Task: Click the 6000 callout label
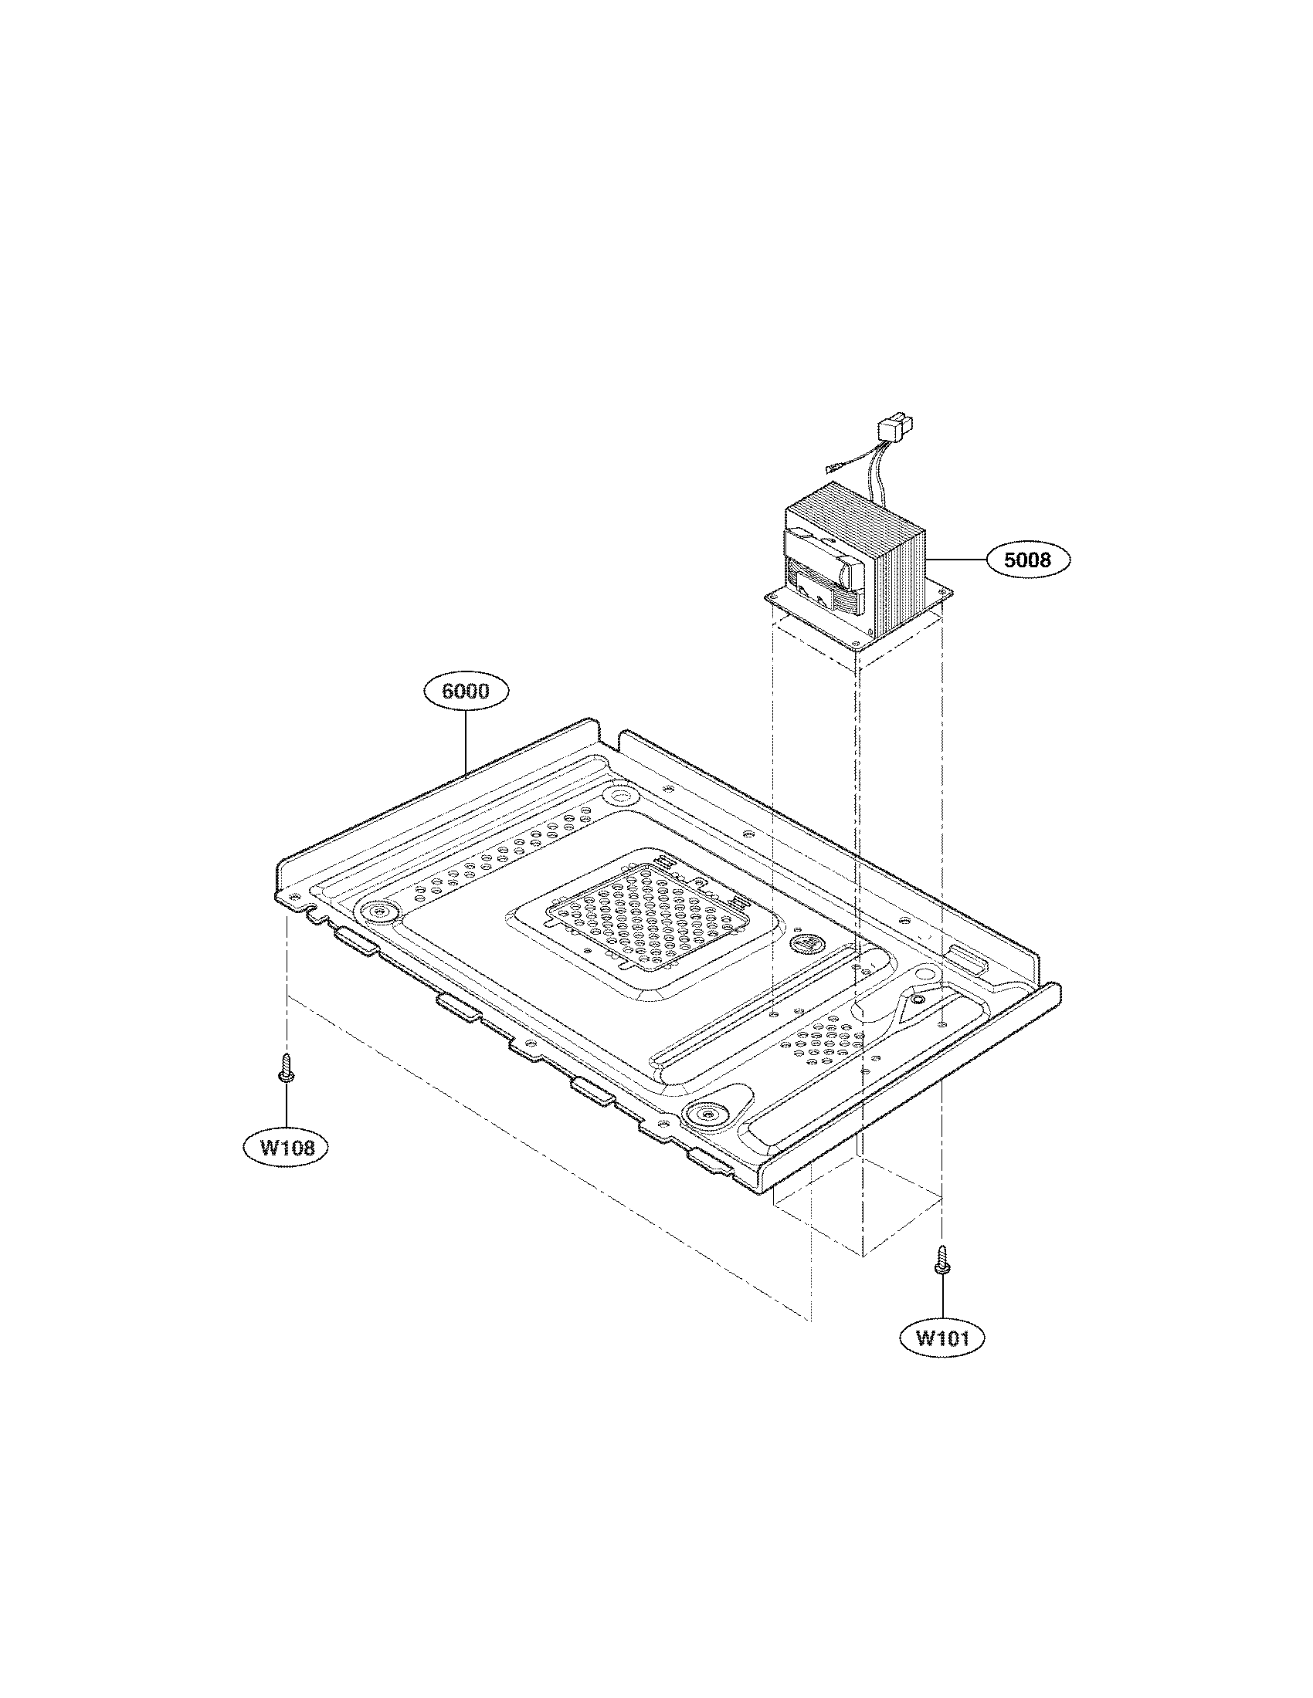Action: click(x=466, y=691)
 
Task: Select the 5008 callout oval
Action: click(x=1027, y=559)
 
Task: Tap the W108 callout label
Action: click(x=287, y=1147)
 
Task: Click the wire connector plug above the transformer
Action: click(x=895, y=428)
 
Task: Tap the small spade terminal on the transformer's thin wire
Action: click(x=832, y=468)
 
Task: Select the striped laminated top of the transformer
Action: click(x=851, y=510)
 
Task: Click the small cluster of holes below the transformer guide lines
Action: click(x=827, y=1041)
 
